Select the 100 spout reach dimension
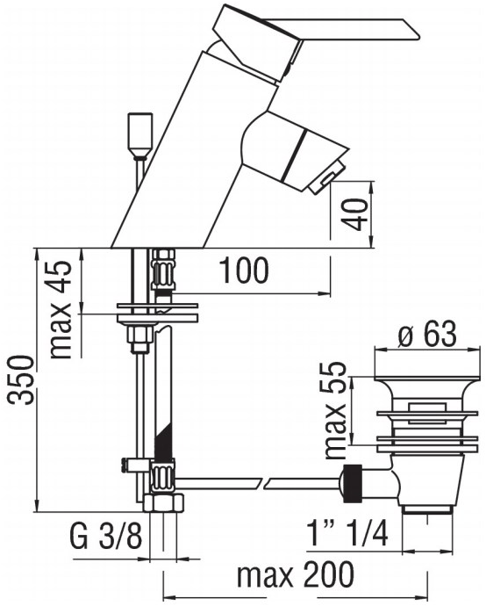pyautogui.click(x=245, y=271)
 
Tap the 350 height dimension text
pyautogui.click(x=22, y=380)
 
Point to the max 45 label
pyautogui.click(x=61, y=310)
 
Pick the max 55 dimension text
pyautogui.click(x=335, y=410)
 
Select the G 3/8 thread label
pyautogui.click(x=106, y=536)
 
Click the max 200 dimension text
pyautogui.click(x=296, y=574)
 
